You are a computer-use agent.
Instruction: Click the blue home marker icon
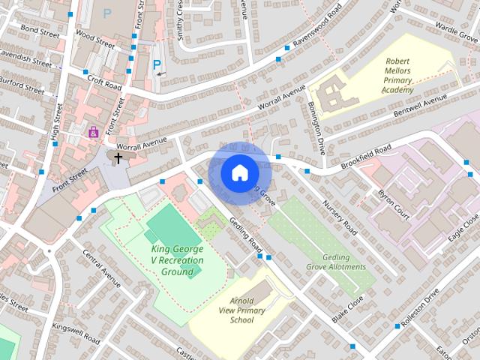pos(238,172)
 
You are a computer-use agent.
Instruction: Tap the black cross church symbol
pos(118,157)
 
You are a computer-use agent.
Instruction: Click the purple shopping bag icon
pos(93,133)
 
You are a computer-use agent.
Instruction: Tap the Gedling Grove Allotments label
pos(335,261)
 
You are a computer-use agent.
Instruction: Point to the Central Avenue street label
pos(101,270)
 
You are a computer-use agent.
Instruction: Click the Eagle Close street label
pos(463,226)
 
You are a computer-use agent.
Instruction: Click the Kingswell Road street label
pos(75,334)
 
